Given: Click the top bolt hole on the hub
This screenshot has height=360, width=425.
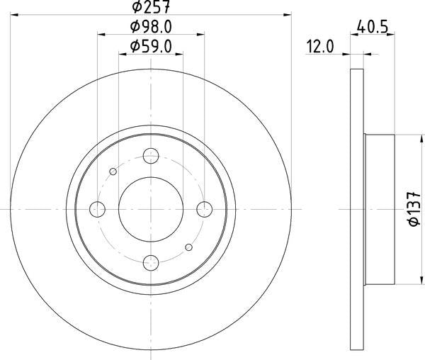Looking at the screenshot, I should click(151, 156).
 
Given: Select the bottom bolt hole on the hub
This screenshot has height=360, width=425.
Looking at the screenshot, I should click(151, 262).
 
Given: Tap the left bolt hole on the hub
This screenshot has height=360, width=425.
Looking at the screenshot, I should click(98, 209).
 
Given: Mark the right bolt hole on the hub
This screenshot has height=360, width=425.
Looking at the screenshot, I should click(204, 209).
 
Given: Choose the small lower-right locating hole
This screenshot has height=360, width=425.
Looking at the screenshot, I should click(188, 247).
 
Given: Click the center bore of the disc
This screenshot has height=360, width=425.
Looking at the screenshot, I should click(151, 209).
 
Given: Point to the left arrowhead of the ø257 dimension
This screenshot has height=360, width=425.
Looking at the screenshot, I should click(15, 14).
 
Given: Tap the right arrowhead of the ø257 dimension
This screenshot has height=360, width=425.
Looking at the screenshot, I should click(288, 14).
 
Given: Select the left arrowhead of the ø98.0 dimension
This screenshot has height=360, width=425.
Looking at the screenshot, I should click(101, 33).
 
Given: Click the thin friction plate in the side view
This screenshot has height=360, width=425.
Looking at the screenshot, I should click(358, 209).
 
